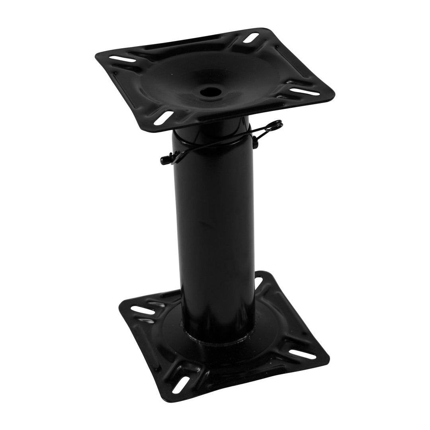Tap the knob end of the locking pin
[x=163, y=160]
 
